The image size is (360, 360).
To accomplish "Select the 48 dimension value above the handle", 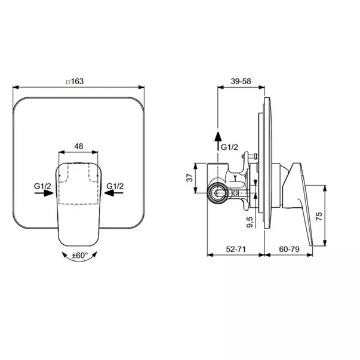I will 78,145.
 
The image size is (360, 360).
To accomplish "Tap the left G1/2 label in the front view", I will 43,186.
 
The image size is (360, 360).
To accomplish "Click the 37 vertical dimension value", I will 189,177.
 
